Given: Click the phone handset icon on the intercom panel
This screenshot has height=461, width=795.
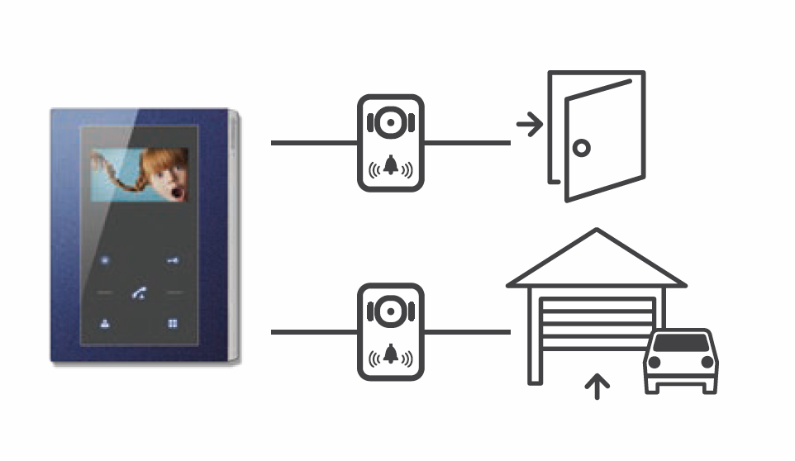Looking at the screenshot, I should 139,294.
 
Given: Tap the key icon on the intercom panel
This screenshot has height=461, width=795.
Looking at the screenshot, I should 172,261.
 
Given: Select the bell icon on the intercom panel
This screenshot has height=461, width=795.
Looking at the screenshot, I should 106,324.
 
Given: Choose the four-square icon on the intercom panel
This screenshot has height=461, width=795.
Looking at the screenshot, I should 173,324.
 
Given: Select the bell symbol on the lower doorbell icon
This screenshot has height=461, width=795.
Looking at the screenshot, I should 389,357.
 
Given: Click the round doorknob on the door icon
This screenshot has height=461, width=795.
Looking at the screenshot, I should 583,149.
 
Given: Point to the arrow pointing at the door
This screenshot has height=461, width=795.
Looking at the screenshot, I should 529,126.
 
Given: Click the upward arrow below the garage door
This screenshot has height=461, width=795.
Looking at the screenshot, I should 597,386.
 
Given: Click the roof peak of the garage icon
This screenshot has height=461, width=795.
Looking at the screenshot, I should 596,234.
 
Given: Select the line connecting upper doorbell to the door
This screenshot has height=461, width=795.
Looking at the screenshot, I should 466,143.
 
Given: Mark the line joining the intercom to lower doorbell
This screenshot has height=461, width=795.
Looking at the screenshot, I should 313,332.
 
